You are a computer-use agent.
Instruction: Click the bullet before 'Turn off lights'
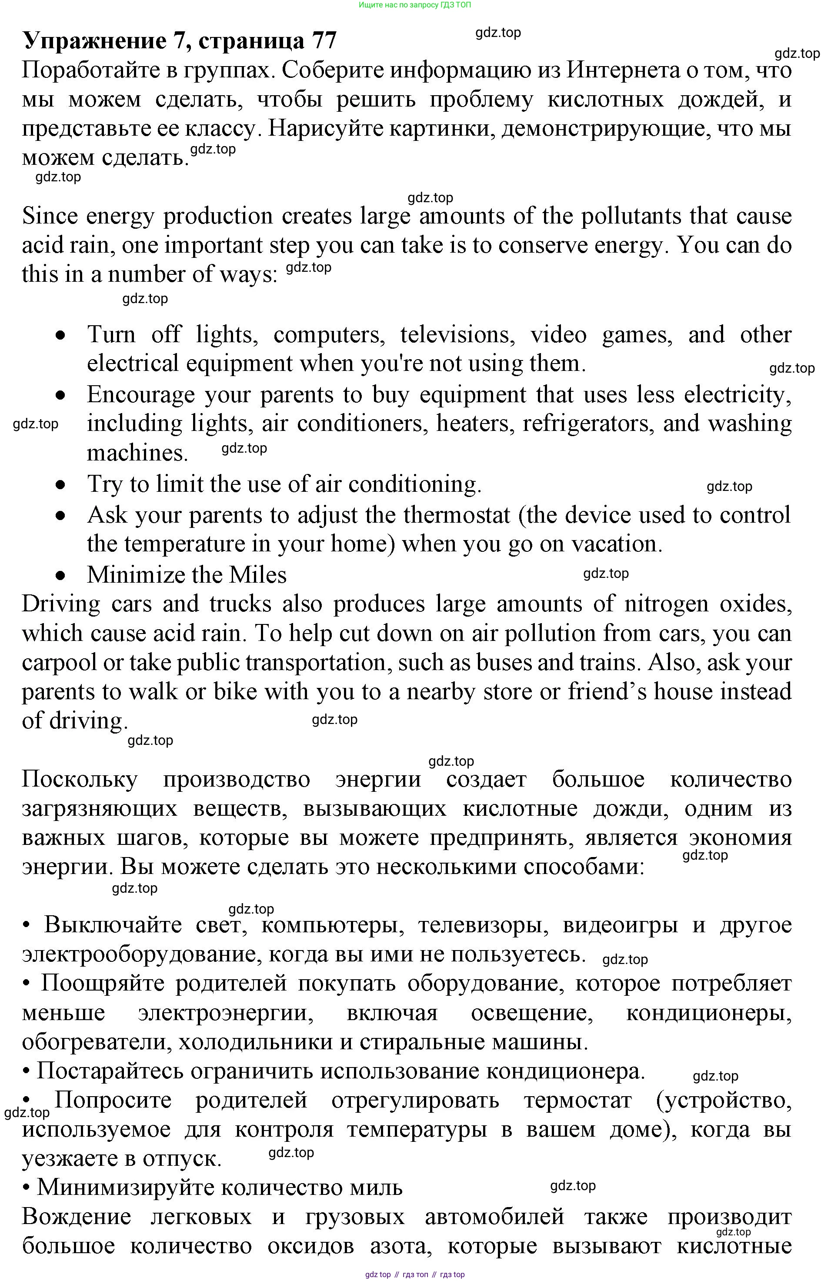(x=61, y=335)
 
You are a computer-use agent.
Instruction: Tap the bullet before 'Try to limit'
(x=61, y=484)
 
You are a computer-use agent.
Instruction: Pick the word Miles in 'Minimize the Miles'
(x=258, y=575)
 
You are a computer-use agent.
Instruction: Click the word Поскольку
(x=80, y=779)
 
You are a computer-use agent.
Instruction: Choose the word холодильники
(x=255, y=1041)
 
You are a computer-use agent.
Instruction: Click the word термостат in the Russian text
(x=577, y=1100)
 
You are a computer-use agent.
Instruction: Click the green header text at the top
(x=414, y=5)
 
